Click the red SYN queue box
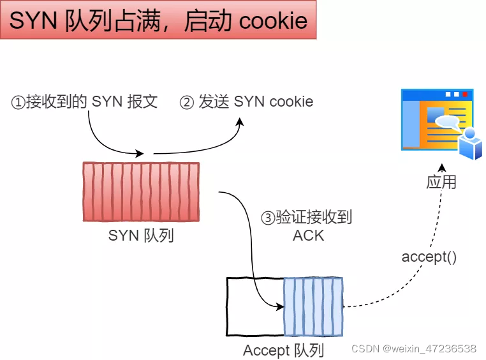coord(141,191)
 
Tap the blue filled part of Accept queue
coord(313,306)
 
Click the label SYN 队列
coord(141,236)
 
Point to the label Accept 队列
coord(284,350)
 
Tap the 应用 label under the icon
coord(441,181)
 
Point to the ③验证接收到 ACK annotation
coord(307,226)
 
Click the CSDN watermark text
coord(414,349)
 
